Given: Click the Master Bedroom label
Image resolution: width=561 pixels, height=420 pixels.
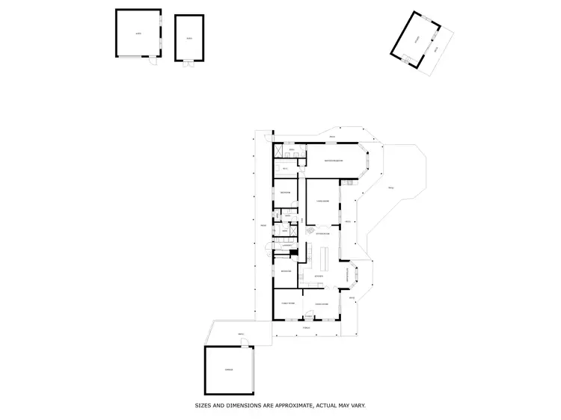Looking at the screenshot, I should coord(333,161).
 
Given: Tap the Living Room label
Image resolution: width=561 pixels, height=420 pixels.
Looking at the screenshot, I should coord(323,201).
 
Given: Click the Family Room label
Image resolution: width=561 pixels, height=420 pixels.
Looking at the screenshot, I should coord(288,303).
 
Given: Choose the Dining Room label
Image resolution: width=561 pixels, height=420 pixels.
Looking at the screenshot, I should coord(322,303).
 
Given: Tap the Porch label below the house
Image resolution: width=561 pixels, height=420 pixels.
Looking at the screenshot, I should coord(306,327).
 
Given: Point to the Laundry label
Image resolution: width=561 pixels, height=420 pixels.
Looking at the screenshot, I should coord(286,244).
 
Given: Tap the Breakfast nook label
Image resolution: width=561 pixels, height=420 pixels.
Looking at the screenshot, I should coord(346,276).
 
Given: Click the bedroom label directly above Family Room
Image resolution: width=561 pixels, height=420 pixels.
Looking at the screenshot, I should coord(285,270).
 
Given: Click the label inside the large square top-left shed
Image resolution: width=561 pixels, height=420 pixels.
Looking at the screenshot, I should coord(138,34).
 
